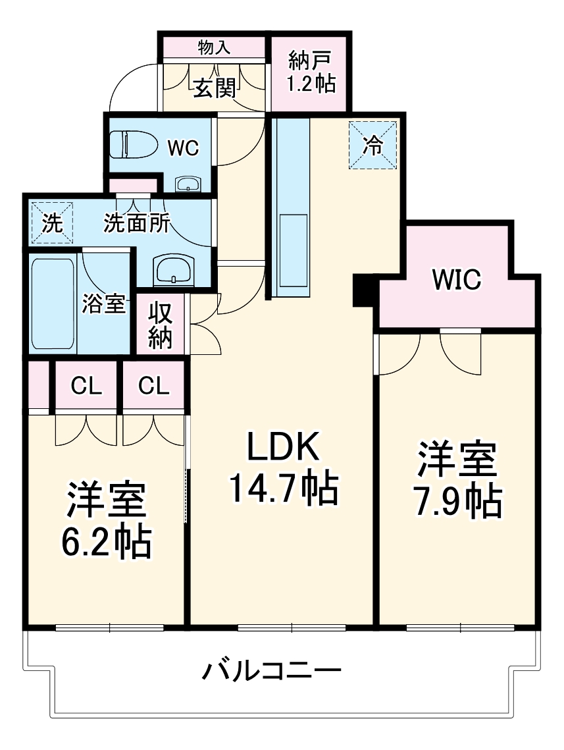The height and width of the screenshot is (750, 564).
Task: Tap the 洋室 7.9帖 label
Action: coord(458,481)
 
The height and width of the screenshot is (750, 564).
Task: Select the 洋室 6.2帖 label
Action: coord(106,520)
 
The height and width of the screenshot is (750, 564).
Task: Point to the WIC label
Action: coord(456,279)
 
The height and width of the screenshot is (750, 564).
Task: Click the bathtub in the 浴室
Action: coord(53,304)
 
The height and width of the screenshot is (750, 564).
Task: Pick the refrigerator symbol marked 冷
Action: coord(373,146)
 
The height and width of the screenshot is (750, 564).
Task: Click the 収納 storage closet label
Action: coord(159,325)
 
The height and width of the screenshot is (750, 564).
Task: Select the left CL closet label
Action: coord(87,387)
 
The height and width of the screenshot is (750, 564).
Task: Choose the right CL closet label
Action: coord(153,387)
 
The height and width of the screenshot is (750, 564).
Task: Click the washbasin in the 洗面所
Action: coord(174,269)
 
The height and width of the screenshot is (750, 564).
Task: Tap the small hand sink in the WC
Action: coord(189,184)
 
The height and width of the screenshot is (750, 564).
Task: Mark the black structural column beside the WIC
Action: coord(363,290)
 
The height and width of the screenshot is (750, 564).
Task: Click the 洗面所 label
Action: coord(136,224)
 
